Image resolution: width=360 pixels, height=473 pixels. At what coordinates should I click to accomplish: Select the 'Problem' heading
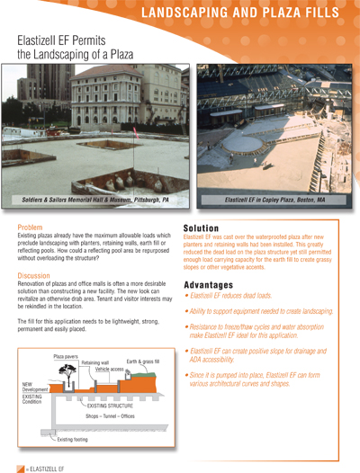(x=32, y=240)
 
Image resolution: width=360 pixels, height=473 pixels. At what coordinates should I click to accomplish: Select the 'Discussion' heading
(x=37, y=275)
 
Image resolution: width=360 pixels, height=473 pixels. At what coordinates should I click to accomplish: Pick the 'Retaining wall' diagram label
(x=97, y=363)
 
